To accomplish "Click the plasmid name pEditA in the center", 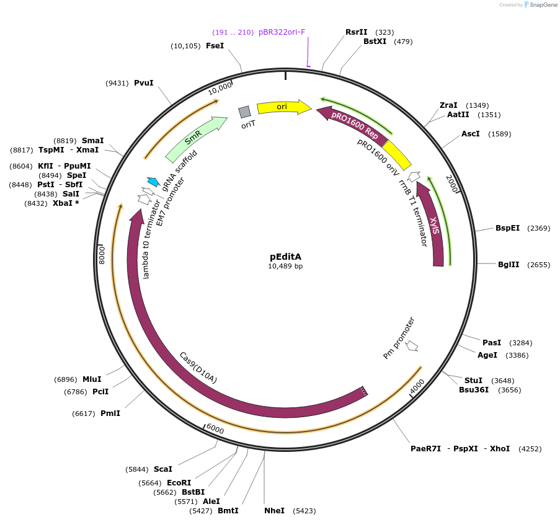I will click(x=285, y=256).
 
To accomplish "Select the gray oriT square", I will click(x=245, y=112).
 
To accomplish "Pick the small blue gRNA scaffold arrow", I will click(x=153, y=182).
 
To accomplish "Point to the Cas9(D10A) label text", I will click(x=198, y=367).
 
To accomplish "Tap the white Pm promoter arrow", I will click(x=411, y=346).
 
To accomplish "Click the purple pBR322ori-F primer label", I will click(x=282, y=32).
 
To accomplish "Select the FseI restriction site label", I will click(x=215, y=46).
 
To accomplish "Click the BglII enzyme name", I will click(x=507, y=265).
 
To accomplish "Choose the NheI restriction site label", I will click(x=273, y=510).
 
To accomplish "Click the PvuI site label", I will click(x=144, y=82).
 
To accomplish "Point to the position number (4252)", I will click(x=530, y=448).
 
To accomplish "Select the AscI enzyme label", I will click(x=471, y=134).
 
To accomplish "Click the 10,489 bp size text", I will click(x=285, y=267).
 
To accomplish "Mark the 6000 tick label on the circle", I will click(x=215, y=429).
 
